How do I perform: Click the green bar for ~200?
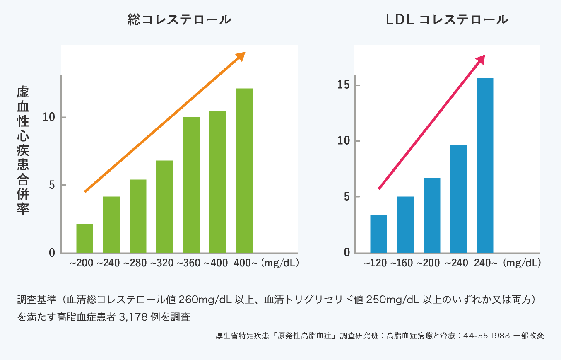(85, 238)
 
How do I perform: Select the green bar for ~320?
(164, 206)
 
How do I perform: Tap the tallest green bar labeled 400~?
(244, 170)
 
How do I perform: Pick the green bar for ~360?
(191, 185)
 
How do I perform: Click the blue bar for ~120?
(378, 234)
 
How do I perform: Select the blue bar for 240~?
(485, 165)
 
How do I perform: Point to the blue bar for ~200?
(432, 215)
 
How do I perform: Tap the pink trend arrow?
(431, 123)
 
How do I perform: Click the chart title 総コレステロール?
(179, 20)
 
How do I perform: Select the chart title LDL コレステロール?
(447, 20)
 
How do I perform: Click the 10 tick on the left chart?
(49, 117)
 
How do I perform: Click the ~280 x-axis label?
(135, 263)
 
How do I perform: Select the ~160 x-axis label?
(401, 263)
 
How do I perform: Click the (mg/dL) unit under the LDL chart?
(522, 263)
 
